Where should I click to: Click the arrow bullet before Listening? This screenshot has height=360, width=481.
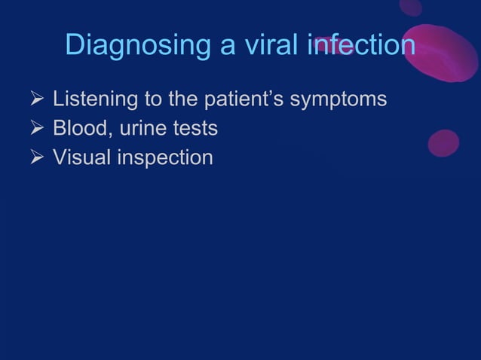(35, 99)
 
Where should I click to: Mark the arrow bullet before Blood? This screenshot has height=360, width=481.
(35, 129)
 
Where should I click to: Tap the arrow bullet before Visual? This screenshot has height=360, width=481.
(35, 158)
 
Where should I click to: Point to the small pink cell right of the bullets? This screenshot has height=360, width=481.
(443, 143)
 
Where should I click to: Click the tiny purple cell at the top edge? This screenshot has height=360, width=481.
(411, 7)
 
